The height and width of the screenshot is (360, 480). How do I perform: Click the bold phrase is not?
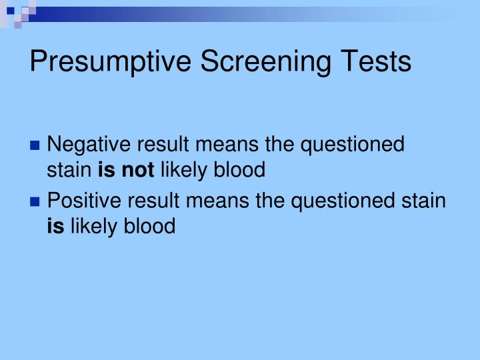pos(126,171)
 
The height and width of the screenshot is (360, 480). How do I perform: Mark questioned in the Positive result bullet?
pos(347,200)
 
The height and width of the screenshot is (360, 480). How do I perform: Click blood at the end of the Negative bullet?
pos(239,171)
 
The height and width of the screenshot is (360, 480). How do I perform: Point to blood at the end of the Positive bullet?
pos(149,227)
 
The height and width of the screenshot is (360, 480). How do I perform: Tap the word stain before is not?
pos(70,171)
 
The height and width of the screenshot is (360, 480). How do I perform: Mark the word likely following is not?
pos(185,171)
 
